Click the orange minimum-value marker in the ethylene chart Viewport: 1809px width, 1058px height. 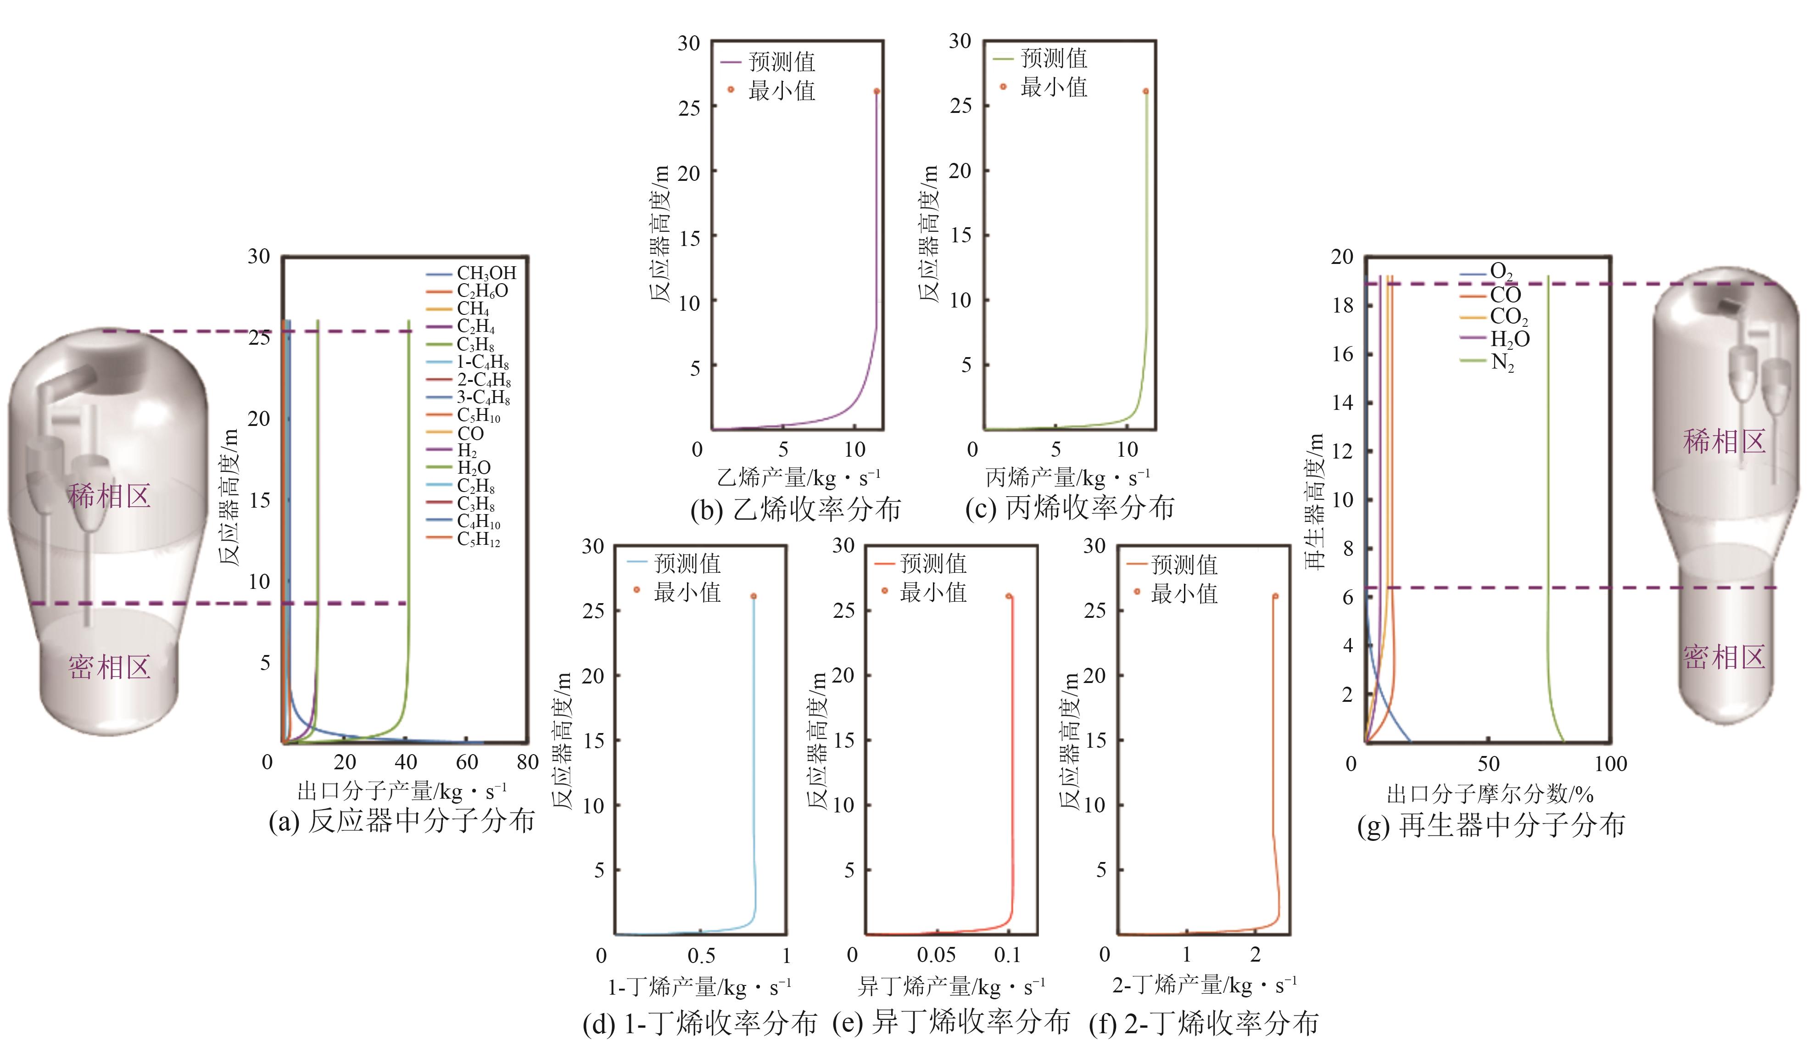[x=877, y=91]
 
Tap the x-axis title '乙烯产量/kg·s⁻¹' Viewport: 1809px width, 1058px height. [x=798, y=476]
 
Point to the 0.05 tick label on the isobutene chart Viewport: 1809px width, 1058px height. [x=936, y=955]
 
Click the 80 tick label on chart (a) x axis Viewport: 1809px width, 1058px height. [x=528, y=762]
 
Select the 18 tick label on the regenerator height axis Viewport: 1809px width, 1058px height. [x=1342, y=306]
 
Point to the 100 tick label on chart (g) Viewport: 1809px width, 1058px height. [x=1611, y=764]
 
